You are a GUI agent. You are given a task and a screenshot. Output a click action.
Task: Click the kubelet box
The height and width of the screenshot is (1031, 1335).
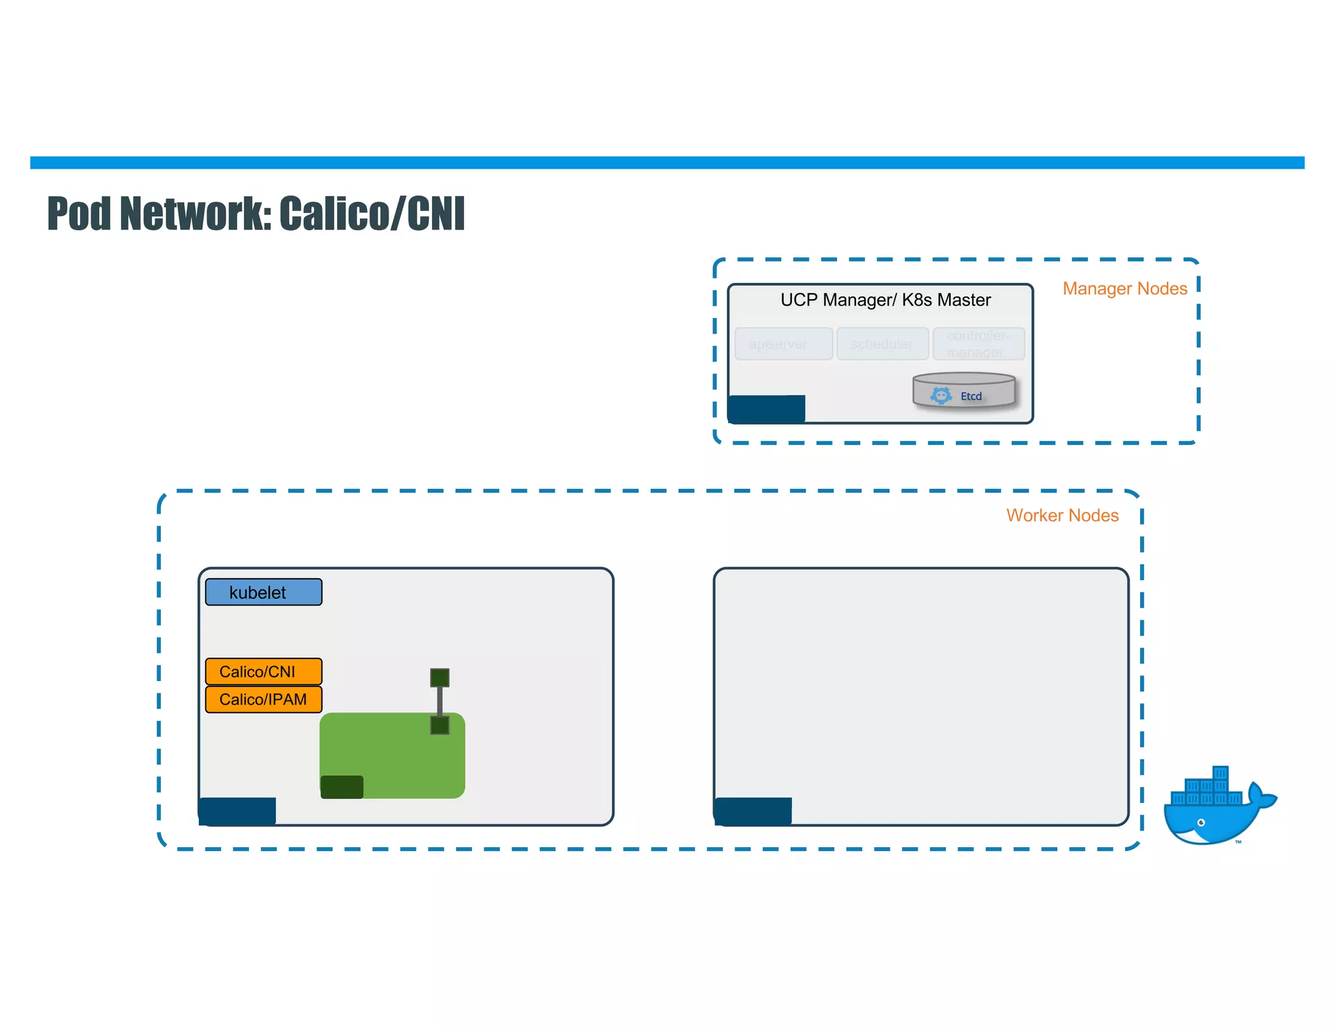[263, 592]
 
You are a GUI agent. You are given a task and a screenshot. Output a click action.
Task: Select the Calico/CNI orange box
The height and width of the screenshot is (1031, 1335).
[263, 671]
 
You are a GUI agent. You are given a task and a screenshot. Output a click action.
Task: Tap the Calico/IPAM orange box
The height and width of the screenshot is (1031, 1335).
[263, 699]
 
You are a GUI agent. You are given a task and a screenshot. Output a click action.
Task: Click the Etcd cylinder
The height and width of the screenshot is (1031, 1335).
[963, 390]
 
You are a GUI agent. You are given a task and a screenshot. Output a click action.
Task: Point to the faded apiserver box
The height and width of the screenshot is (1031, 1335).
[783, 343]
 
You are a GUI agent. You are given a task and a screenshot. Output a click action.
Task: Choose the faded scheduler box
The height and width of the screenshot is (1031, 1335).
[883, 343]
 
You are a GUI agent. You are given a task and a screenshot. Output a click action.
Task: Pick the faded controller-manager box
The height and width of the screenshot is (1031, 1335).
[978, 343]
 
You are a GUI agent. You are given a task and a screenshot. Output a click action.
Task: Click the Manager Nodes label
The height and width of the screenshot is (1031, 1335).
[1124, 289]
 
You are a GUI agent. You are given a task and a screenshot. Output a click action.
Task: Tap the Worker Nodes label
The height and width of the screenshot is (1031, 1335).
[1062, 515]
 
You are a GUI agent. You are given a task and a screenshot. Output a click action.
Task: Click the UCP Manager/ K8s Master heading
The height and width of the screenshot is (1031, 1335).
[885, 300]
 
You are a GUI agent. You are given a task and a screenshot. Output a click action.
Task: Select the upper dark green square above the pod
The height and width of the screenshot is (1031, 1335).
[440, 678]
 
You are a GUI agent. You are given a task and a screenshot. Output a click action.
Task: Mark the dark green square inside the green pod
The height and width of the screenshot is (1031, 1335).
[440, 725]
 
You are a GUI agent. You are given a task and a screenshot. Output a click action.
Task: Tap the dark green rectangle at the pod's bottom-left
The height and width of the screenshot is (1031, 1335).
[342, 787]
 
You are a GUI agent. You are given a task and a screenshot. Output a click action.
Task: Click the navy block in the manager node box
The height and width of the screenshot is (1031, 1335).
[767, 409]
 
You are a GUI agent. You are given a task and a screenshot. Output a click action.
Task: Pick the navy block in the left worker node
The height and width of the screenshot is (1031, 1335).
[237, 811]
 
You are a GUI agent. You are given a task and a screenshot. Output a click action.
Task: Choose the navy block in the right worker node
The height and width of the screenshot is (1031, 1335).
[753, 811]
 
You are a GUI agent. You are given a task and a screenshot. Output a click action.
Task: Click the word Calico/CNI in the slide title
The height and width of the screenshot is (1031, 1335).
[372, 214]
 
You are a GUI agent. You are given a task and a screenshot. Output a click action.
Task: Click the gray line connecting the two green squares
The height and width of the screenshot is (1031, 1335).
[440, 701]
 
